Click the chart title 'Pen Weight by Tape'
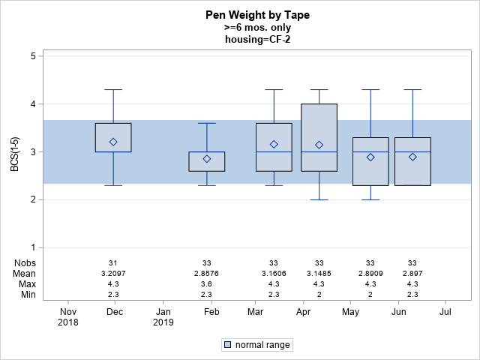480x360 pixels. pos(257,15)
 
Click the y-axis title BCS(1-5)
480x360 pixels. pos(14,151)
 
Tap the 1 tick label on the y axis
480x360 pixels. pos(34,247)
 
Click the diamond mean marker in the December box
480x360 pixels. pos(113,142)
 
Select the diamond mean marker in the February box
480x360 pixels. pos(207,158)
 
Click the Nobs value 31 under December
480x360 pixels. pos(113,262)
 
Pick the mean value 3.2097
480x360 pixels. pos(113,274)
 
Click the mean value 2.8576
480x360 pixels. pos(207,274)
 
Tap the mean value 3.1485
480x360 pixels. pos(319,274)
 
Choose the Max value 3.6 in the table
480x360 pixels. pos(207,284)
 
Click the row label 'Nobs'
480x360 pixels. pos(25,262)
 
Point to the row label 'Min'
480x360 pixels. pos(27,295)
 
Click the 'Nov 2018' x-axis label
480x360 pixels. pos(68,316)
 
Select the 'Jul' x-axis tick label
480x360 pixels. pos(445,311)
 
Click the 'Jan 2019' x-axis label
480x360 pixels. pos(163,316)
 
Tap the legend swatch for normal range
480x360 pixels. pos(227,345)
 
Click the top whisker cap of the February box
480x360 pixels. pos(207,123)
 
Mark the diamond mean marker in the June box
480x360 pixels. pos(412,157)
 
